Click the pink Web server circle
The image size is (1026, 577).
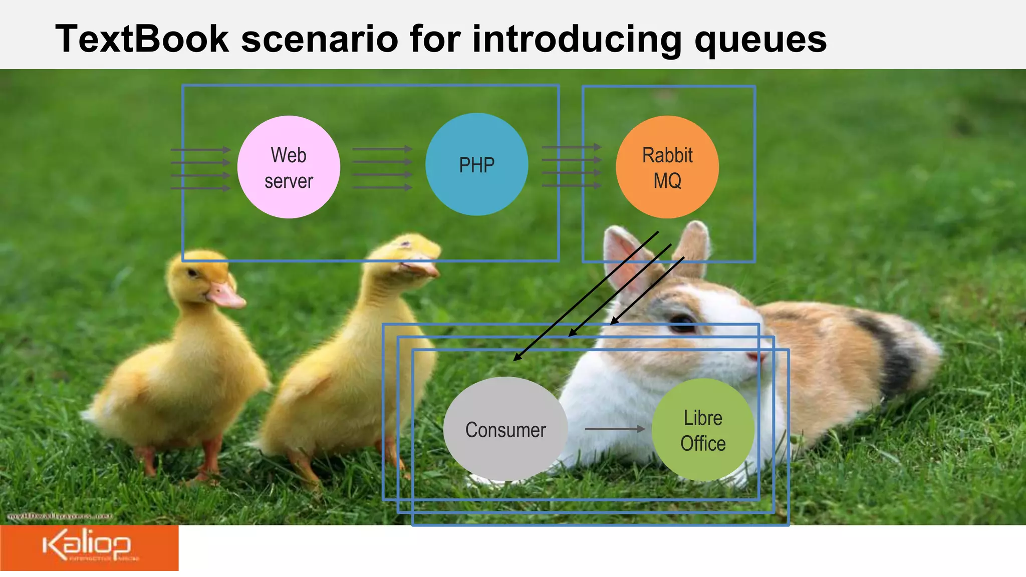(289, 167)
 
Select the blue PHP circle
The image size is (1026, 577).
(476, 164)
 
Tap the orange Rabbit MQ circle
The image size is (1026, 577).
(667, 167)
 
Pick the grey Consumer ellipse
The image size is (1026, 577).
(505, 429)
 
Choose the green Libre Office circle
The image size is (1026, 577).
(703, 430)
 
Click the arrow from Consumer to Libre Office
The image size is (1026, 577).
(615, 429)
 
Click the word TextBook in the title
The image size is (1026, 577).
(142, 39)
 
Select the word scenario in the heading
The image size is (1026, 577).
(319, 39)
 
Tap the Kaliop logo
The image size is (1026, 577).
(89, 548)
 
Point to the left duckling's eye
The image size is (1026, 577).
(192, 273)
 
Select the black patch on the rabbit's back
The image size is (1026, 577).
(897, 346)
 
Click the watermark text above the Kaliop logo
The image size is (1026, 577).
(60, 516)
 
